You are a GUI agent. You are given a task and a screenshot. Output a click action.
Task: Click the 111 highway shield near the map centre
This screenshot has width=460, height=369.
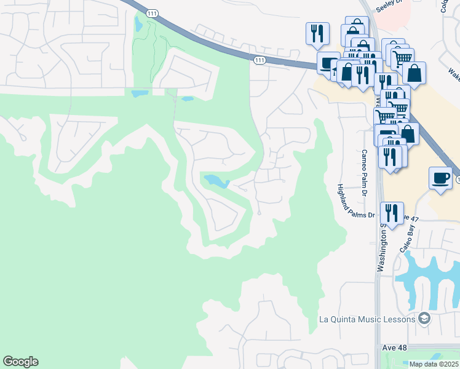(x=260, y=59)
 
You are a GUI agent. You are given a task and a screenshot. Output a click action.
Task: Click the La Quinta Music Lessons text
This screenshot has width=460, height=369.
(x=367, y=319)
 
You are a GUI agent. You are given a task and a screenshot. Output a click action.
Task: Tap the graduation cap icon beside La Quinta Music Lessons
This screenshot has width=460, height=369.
(x=423, y=318)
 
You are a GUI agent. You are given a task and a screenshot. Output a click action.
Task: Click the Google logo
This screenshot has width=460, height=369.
(x=20, y=362)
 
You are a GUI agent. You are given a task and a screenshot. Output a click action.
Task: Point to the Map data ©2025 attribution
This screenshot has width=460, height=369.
(x=434, y=364)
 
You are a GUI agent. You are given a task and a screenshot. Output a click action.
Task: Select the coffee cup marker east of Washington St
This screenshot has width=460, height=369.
(x=440, y=178)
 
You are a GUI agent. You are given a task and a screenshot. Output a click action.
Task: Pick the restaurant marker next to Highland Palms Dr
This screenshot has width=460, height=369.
(x=392, y=213)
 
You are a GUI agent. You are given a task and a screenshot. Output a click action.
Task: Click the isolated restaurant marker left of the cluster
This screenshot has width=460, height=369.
(x=317, y=33)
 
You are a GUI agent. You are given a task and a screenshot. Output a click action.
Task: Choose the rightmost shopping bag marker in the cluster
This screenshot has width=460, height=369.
(x=414, y=73)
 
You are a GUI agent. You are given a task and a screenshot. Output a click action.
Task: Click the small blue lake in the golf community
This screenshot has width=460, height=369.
(x=216, y=181)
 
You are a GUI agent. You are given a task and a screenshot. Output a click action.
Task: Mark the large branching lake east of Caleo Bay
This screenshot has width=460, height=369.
(x=430, y=277)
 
